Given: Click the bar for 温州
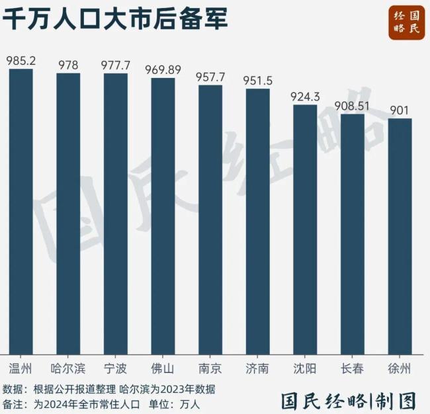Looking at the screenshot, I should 21,212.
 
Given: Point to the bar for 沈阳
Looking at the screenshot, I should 305,229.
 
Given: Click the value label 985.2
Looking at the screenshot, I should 21,61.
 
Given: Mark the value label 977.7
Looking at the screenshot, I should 116,65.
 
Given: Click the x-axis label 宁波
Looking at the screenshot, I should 116,368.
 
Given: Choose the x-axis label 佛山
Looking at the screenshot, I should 163,368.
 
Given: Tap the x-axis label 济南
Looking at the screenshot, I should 258,368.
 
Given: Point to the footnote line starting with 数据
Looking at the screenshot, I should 108,388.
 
